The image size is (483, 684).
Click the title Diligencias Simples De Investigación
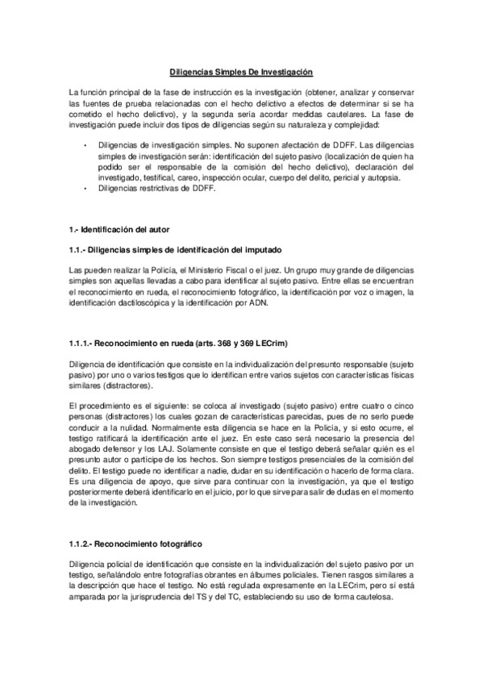pyautogui.click(x=242, y=72)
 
